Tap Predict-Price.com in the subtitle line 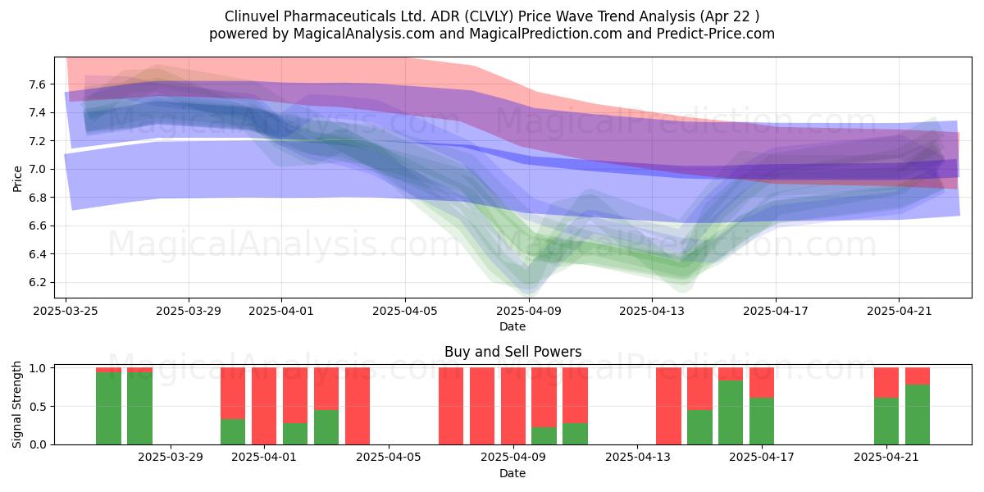[716, 34]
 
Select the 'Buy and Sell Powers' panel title [512, 352]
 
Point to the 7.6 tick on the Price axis [38, 84]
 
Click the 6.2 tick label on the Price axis [38, 282]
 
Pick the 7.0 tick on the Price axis [38, 170]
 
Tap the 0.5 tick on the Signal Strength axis [38, 407]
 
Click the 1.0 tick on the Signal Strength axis [38, 368]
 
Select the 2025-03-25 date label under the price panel [66, 311]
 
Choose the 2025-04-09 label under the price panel [529, 311]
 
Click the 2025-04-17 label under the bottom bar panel [762, 458]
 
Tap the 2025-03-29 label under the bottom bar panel [171, 458]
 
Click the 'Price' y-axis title [17, 179]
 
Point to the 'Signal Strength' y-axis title [16, 404]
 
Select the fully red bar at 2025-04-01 [264, 406]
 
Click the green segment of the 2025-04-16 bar [731, 412]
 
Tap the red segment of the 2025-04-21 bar [886, 383]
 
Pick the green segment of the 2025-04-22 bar [918, 415]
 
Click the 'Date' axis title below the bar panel [512, 473]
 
